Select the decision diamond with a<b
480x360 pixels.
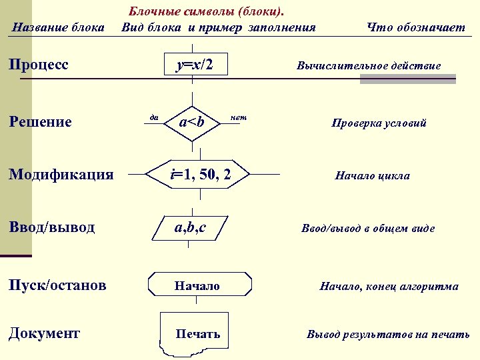point(192,122)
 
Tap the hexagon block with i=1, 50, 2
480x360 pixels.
point(199,175)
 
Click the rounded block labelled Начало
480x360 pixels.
point(199,285)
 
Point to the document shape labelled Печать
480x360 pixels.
point(197,333)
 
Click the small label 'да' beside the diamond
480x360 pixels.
point(153,117)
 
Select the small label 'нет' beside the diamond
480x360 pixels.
point(238,117)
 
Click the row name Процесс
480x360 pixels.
point(39,65)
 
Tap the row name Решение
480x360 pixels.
point(40,122)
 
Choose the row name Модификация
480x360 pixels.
point(61,175)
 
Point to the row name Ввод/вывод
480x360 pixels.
point(51,227)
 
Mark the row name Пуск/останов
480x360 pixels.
point(57,285)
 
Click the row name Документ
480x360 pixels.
point(44,333)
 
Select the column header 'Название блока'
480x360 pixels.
point(59,27)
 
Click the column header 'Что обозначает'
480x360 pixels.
point(416,27)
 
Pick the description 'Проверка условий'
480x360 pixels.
point(379,123)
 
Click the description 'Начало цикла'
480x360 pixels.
point(372,176)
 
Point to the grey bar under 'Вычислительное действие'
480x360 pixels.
point(407,79)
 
